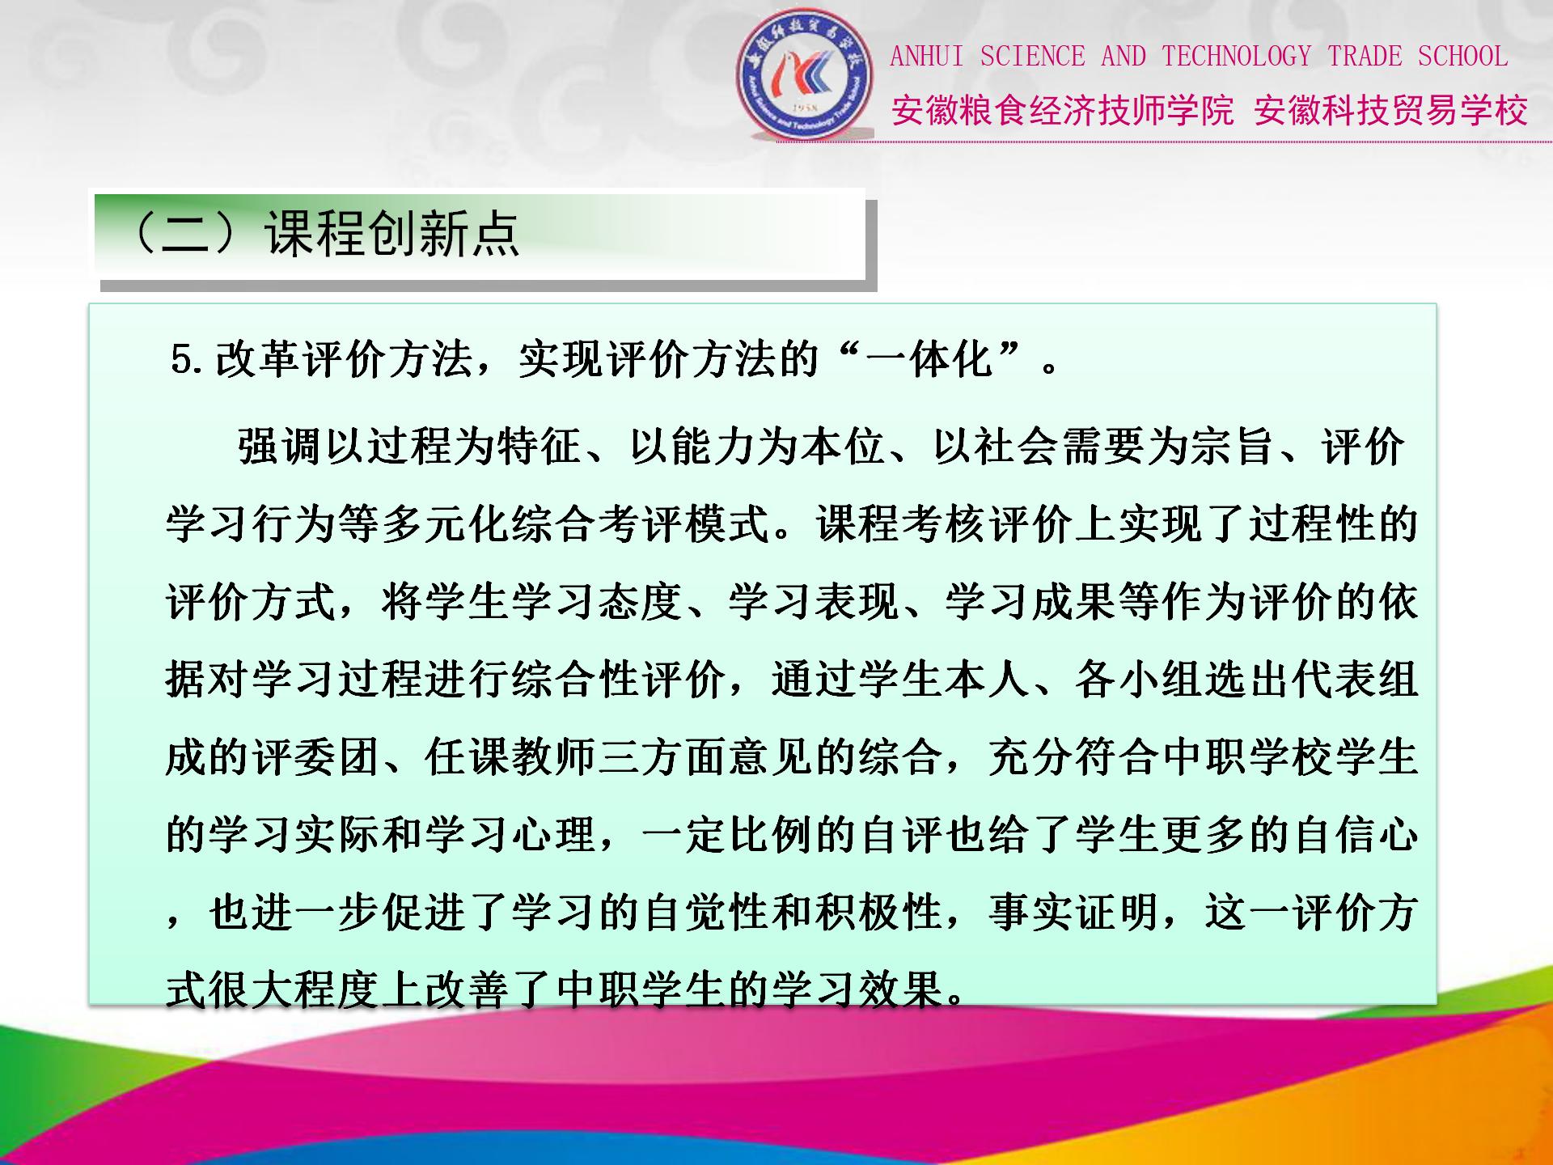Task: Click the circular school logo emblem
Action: (805, 74)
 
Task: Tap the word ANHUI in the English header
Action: (927, 57)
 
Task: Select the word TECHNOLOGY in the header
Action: (1237, 57)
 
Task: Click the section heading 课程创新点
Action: (391, 234)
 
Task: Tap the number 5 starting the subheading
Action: (182, 359)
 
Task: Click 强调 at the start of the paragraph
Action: (281, 447)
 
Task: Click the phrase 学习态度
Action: (598, 602)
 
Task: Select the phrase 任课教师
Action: (511, 757)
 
